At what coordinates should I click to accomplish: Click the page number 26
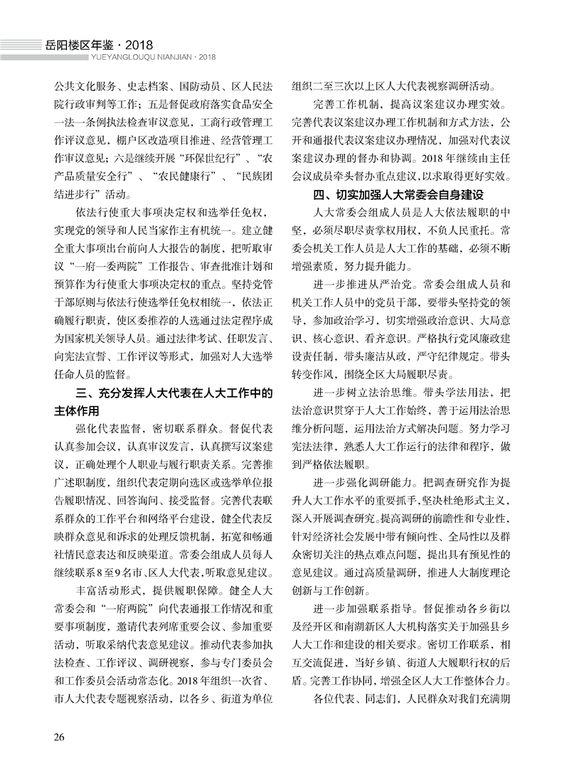[58, 735]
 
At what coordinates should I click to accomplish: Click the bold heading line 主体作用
[79, 410]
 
